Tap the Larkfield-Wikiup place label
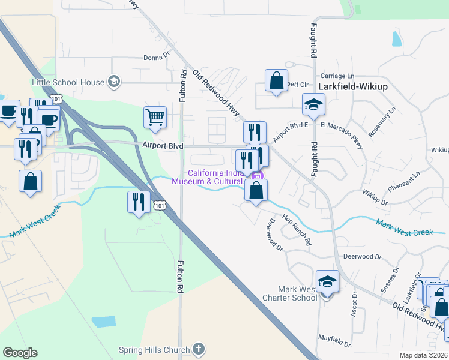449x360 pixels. click(x=353, y=86)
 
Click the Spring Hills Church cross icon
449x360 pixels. click(x=199, y=349)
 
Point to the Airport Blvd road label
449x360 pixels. click(x=162, y=145)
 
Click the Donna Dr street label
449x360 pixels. click(x=157, y=58)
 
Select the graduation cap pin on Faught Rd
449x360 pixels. click(x=313, y=106)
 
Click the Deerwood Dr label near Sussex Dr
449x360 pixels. click(x=362, y=256)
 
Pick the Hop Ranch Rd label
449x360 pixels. click(x=296, y=230)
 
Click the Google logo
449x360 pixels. click(x=20, y=352)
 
